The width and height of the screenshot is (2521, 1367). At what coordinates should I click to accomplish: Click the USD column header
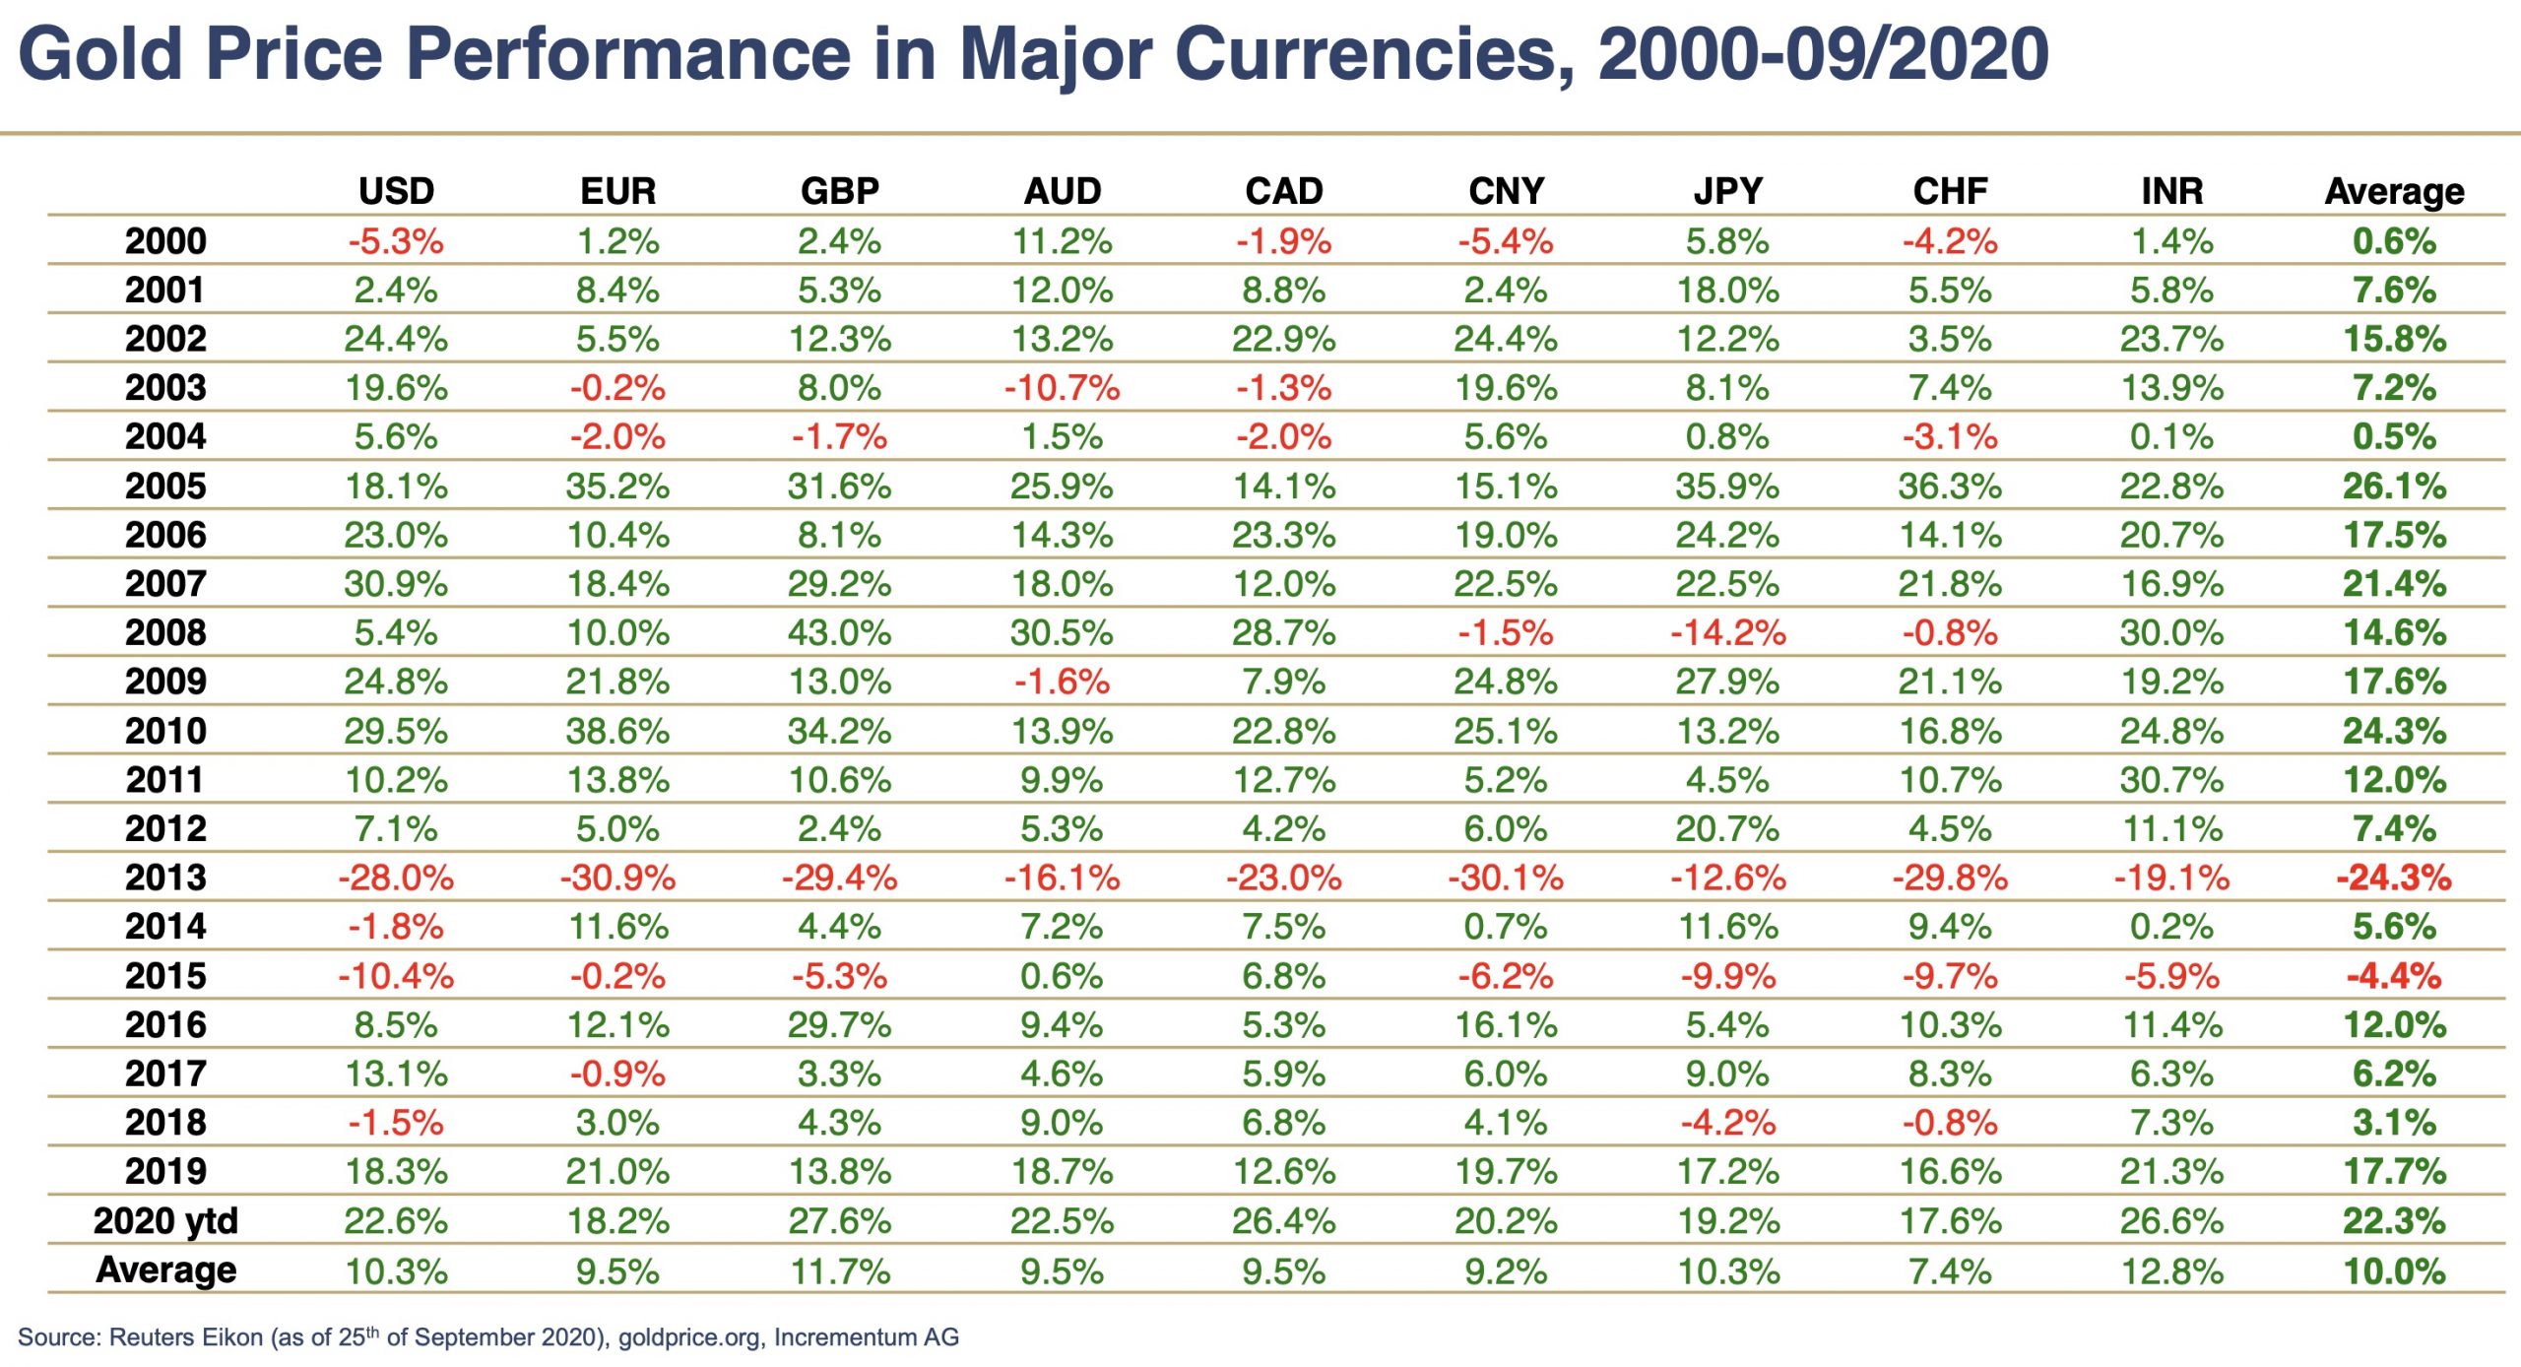396,191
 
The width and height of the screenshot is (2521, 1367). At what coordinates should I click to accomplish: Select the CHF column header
1950,191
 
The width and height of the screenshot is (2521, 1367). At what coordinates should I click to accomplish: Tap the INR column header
2171,191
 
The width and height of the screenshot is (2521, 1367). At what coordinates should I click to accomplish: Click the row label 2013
165,878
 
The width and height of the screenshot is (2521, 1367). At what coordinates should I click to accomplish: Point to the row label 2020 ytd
165,1221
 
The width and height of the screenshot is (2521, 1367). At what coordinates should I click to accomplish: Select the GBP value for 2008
839,632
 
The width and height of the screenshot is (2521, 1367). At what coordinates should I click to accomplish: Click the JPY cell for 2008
1728,632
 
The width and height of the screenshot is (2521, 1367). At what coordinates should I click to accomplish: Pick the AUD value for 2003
1062,388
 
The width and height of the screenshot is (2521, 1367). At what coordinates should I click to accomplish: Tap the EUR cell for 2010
617,731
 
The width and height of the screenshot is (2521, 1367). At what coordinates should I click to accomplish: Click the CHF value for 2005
1950,487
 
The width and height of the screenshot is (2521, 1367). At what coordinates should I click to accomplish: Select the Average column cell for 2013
2394,878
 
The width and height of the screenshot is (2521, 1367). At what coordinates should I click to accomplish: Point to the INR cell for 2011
2171,780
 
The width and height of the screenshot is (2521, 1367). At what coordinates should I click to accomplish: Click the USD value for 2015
396,976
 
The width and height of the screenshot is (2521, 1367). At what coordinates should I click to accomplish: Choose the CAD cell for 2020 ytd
1284,1221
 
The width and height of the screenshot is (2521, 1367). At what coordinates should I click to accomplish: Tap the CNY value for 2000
1506,241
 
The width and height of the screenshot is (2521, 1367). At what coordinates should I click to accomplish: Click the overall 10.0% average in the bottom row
2394,1271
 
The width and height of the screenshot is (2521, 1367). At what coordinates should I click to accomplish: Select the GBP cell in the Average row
839,1271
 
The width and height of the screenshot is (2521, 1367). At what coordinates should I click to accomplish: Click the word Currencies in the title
1374,53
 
